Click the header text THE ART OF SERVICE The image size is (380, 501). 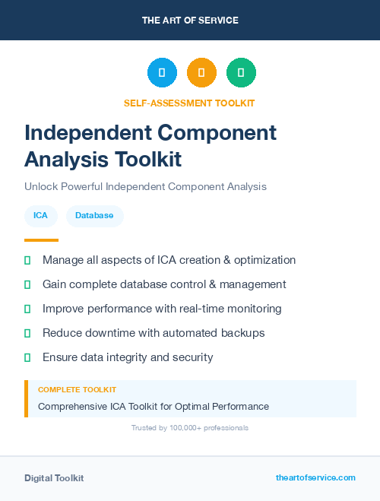[190, 21]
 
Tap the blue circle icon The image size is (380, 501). [162, 73]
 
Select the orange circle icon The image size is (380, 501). [201, 73]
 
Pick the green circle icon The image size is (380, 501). [241, 73]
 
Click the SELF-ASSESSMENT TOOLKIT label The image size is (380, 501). [189, 103]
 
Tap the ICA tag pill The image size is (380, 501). [40, 216]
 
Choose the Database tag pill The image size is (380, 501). [94, 216]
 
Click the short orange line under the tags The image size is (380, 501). [30, 240]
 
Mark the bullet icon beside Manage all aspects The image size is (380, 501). [27, 260]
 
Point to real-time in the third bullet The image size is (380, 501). [206, 309]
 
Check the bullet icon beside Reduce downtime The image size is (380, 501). [27, 333]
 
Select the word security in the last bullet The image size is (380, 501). [192, 357]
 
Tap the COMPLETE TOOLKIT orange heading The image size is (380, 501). [77, 389]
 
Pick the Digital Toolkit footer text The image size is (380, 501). [54, 478]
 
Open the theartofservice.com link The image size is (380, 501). [315, 477]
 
